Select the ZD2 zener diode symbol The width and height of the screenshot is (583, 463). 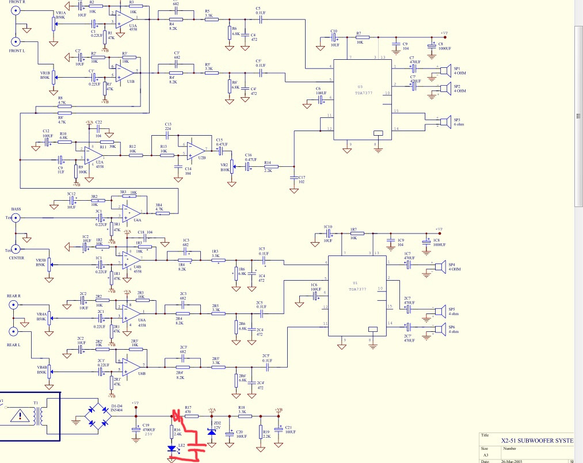coord(211,429)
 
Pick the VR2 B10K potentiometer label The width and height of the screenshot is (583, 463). coord(224,168)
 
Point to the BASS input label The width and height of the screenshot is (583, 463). coord(16,210)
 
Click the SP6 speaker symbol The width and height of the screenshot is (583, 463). coord(439,330)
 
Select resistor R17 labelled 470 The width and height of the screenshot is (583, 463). coord(191,415)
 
